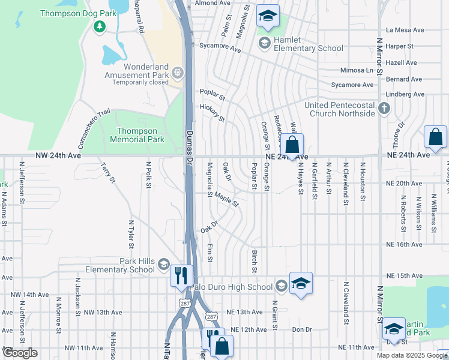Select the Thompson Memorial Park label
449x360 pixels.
coord(137,135)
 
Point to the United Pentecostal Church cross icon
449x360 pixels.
coord(384,109)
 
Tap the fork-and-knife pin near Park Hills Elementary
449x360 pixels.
coord(181,275)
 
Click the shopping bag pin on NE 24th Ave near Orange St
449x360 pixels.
coord(292,145)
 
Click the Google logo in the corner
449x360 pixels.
coord(20,353)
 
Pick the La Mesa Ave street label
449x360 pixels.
coord(405,29)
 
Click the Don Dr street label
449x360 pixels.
coord(302,329)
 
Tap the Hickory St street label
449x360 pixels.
coord(212,112)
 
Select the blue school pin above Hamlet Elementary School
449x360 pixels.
coord(268,16)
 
